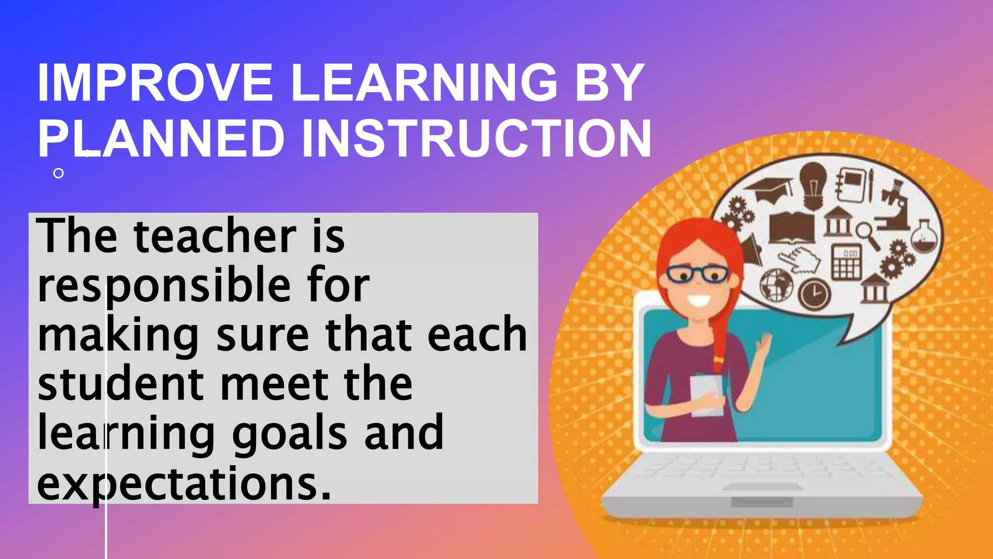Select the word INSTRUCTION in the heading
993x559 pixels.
point(476,139)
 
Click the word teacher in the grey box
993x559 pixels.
point(215,237)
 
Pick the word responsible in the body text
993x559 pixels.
point(164,286)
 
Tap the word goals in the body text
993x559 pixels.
point(289,434)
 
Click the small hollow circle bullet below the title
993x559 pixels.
point(59,173)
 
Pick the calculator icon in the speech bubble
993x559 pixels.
point(847,262)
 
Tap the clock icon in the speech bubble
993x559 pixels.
point(815,294)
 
